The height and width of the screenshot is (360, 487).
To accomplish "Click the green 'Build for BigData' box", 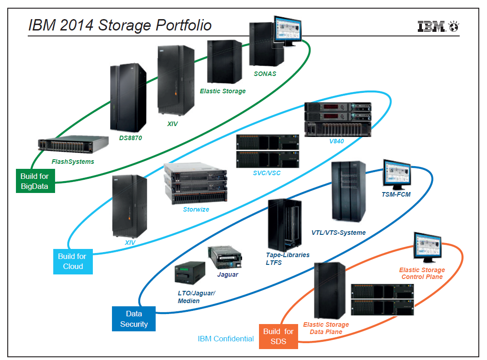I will [x=35, y=181].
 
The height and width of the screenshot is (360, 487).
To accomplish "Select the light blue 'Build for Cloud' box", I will [x=73, y=262].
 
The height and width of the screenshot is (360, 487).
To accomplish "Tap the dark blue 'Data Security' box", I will [x=134, y=319].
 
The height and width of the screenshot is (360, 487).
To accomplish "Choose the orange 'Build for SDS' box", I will [x=278, y=336].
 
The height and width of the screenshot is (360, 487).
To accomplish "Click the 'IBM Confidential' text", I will [x=226, y=339].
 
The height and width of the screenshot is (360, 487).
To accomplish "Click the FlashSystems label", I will [x=73, y=162].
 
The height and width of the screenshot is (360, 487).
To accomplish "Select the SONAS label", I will [x=265, y=74].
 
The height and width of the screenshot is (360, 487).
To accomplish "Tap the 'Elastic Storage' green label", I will [x=223, y=91].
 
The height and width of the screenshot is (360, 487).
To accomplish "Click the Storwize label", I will [x=196, y=209].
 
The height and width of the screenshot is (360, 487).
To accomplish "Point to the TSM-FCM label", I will [x=397, y=195].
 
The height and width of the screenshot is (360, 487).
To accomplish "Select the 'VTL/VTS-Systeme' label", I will [x=339, y=233].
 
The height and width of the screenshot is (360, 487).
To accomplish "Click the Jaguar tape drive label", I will [x=228, y=274].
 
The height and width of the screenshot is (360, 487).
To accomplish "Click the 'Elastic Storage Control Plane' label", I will [x=422, y=273].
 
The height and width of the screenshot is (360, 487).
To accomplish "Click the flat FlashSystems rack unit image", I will [x=73, y=144].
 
